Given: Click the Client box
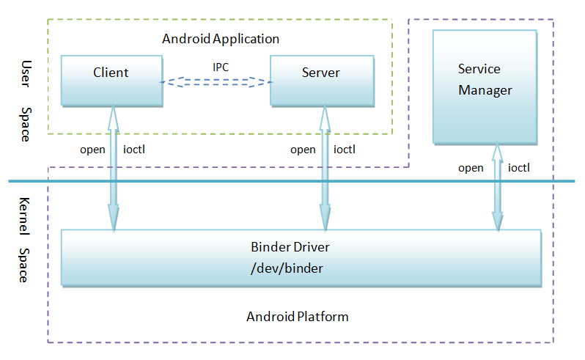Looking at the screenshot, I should coord(111,80).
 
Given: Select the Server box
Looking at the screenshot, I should coord(320,80).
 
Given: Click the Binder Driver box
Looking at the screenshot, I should coord(301,257).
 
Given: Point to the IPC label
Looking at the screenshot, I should coord(221,67).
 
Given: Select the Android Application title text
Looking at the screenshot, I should coord(220,38).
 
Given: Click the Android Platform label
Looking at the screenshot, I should coord(297,317).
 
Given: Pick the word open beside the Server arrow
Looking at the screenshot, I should coord(303,150).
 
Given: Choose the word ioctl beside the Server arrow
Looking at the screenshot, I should coord(345,150).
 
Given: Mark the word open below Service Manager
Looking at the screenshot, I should coord(471,168).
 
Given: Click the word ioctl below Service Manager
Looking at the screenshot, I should coord(519,168).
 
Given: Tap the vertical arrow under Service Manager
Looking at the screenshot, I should coord(498,187).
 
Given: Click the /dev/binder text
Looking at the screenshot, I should coord(287,268).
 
